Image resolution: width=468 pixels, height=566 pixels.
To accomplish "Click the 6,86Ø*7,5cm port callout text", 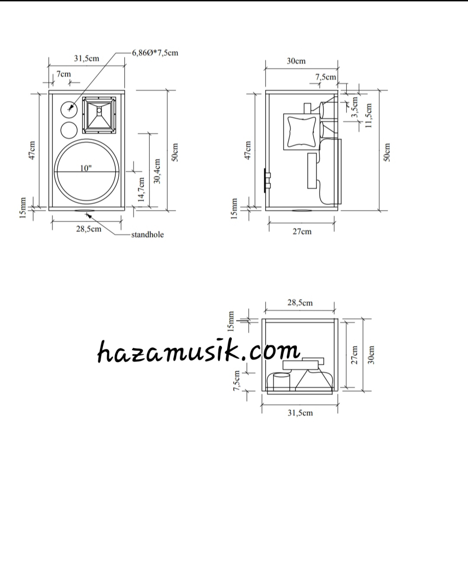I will tap(155, 53).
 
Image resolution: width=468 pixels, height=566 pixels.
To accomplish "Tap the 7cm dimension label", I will tap(64, 74).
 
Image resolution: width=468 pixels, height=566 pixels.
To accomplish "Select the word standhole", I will tap(147, 235).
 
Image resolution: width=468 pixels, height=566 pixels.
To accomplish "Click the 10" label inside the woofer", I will tap(86, 168).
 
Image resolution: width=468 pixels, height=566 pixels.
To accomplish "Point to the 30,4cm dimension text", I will tap(157, 171).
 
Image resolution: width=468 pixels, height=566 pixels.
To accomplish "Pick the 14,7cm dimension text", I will tap(141, 189).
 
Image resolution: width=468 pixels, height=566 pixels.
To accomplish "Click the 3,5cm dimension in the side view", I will tap(354, 107).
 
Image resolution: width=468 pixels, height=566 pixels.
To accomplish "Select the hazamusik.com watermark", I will tap(198, 351).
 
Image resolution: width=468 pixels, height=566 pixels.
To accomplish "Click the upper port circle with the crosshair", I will tap(68, 109).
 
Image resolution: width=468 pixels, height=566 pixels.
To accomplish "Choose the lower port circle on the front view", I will tap(68, 130).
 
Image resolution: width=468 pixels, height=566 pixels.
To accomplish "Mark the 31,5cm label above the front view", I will tap(86, 58).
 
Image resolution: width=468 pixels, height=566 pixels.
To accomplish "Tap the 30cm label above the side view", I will tap(296, 61).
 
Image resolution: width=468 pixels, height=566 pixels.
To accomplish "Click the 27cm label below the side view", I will tap(302, 232).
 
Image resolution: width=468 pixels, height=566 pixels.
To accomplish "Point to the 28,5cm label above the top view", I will tap(300, 303).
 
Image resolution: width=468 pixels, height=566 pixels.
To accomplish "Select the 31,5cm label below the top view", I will tap(300, 413).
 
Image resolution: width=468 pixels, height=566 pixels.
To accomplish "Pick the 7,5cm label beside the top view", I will tap(237, 381).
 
